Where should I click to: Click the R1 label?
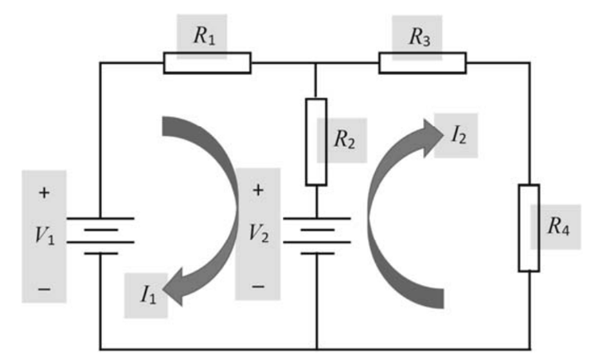(x=203, y=36)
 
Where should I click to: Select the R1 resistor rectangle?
(x=206, y=63)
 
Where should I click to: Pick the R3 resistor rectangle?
(x=421, y=63)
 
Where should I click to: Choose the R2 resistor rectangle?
(x=315, y=142)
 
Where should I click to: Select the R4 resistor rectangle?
(x=528, y=227)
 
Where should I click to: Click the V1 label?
(x=45, y=235)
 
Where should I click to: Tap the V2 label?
(x=258, y=234)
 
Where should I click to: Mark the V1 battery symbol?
(x=100, y=235)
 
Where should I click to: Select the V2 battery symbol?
(x=315, y=234)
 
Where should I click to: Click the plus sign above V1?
(x=44, y=192)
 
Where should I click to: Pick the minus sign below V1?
(x=44, y=288)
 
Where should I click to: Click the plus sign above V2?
(x=258, y=191)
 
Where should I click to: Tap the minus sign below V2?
(x=258, y=286)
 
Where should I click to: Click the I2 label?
(x=458, y=134)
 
